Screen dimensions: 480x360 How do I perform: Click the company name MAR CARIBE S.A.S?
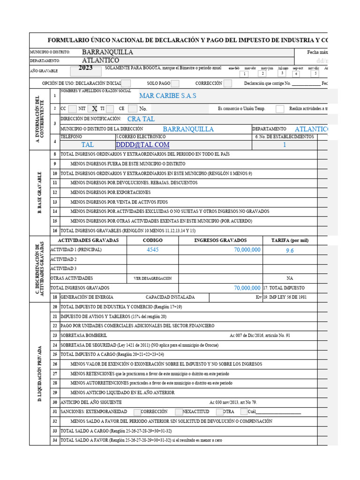tap(168, 96)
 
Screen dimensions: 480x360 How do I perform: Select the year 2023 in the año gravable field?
tap(85, 68)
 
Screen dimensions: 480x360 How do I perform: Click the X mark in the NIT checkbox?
tap(94, 108)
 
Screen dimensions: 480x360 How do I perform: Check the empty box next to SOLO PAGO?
tap(175, 83)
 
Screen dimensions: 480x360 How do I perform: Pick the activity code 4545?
tap(153, 250)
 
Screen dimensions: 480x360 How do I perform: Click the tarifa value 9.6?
tap(290, 250)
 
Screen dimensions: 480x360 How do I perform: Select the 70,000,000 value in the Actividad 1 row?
tap(247, 250)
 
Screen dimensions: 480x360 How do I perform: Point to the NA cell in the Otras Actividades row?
tap(290, 278)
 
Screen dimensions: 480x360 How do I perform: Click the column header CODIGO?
tap(153, 240)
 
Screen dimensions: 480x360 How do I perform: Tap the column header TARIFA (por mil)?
tap(290, 240)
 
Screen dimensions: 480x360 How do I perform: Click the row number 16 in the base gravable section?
tap(55, 231)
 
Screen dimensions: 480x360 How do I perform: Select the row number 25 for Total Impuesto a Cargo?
tap(55, 354)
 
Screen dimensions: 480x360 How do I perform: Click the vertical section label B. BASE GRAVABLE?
tap(40, 192)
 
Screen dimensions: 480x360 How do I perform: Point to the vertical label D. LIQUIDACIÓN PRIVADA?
tap(40, 374)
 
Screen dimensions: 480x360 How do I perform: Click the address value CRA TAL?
tap(141, 119)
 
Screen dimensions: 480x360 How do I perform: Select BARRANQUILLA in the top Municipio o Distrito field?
tap(107, 52)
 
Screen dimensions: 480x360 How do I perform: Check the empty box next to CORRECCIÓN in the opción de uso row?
tap(227, 83)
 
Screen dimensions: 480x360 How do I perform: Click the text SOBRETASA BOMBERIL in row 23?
tap(84, 335)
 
